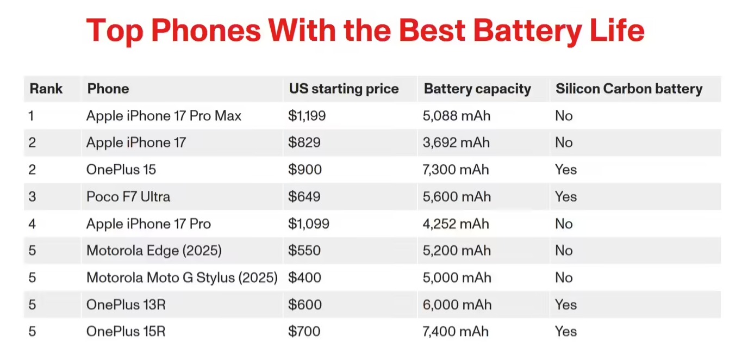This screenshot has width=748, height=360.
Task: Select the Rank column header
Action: point(46,89)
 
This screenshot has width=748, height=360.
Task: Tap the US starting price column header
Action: point(344,89)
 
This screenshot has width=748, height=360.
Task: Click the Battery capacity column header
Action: point(477,89)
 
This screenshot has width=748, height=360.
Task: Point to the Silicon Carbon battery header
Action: point(629,89)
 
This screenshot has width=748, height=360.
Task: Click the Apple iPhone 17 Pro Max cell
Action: point(164,116)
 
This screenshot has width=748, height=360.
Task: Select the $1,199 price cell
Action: point(307,116)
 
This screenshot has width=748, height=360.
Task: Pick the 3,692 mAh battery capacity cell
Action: point(456,142)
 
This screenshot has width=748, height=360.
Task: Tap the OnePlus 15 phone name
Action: point(121,170)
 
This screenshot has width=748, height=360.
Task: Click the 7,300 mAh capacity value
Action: point(456,170)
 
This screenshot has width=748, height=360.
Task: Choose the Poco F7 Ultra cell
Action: point(128,196)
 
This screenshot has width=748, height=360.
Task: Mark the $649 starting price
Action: point(304,196)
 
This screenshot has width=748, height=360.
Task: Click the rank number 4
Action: point(32,224)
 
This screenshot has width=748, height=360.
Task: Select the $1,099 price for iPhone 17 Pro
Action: point(309,224)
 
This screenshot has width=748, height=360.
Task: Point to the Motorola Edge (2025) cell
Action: point(154,251)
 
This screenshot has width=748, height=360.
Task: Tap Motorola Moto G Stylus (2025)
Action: point(182,278)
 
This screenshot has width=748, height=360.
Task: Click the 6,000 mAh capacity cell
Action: point(457,305)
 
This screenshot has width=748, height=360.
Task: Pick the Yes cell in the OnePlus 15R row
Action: point(566,332)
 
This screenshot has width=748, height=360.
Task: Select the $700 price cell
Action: point(304,332)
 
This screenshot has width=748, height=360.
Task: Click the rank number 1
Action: point(32,116)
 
